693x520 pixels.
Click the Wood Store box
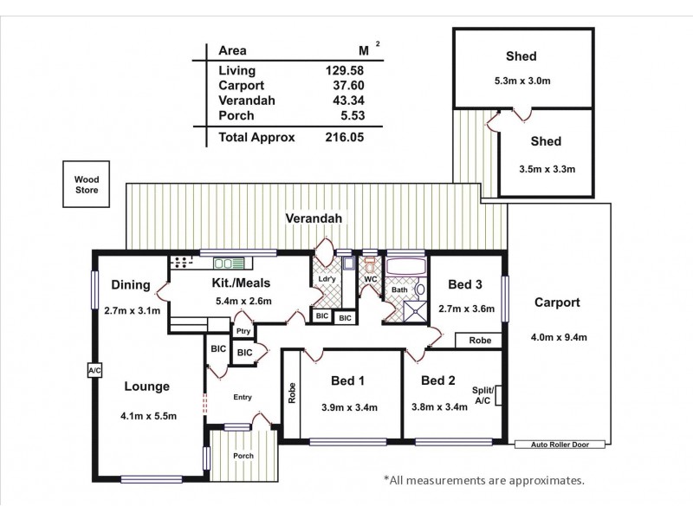tap(86, 184)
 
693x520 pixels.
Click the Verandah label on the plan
tap(314, 219)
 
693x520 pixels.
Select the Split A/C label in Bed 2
tap(482, 397)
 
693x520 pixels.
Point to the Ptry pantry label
tap(243, 332)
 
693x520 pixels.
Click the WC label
tap(370, 279)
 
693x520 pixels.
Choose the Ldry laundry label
tap(327, 278)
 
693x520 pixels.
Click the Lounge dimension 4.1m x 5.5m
tap(148, 416)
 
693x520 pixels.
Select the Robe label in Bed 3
tap(480, 341)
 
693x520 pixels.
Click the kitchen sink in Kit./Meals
tap(229, 263)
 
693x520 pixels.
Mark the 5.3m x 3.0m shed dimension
tap(521, 81)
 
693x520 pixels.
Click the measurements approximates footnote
tap(483, 478)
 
